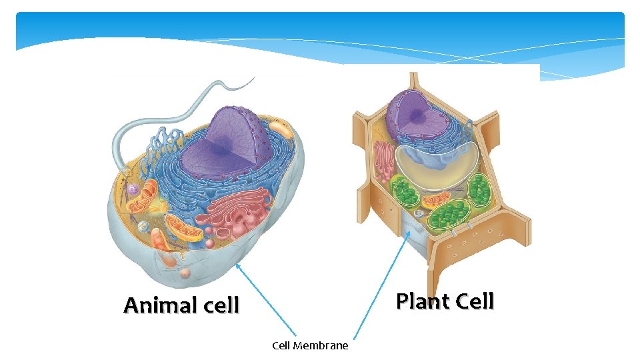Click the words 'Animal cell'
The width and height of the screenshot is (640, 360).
point(181,305)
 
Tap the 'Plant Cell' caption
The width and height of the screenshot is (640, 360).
point(445,301)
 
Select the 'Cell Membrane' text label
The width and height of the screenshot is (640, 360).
point(310,345)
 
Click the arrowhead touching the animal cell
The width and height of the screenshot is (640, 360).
point(238,265)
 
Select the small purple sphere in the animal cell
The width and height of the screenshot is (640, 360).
point(133,190)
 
